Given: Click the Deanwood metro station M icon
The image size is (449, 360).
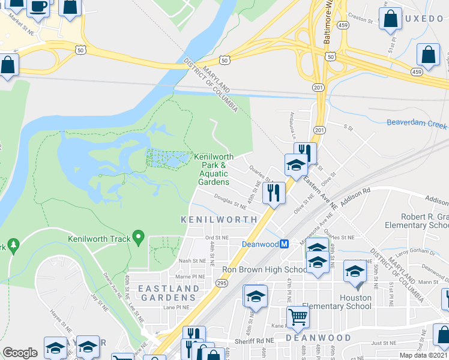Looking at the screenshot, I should pyautogui.click(x=285, y=244).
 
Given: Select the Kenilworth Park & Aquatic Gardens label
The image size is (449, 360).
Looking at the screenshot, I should pyautogui.click(x=211, y=169).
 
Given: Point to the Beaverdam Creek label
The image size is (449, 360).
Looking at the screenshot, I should pyautogui.click(x=417, y=124).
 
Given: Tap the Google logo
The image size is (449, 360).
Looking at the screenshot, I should pyautogui.click(x=20, y=353).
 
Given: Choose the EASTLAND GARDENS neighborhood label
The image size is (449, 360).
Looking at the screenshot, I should pyautogui.click(x=168, y=293).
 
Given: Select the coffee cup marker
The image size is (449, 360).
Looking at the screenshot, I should pyautogui.click(x=39, y=7).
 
